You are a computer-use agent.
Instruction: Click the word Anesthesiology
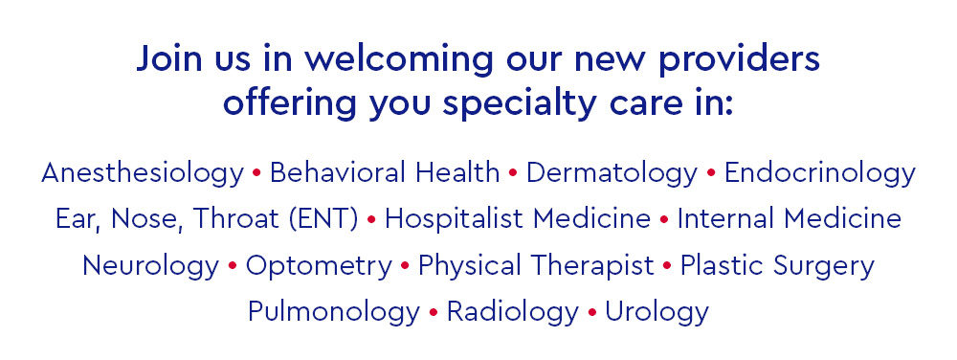(143, 174)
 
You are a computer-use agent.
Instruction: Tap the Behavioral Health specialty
(385, 173)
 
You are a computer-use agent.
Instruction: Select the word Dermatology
(612, 174)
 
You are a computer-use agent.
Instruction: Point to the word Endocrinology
(820, 174)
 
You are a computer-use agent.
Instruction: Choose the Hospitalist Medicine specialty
(518, 219)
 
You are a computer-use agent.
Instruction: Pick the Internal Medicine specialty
(790, 219)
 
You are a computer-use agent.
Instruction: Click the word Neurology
(150, 266)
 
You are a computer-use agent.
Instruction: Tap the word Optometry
(319, 266)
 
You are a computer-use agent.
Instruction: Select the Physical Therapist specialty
(536, 266)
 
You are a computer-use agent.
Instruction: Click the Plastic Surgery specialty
(777, 266)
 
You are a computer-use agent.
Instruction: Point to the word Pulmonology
(333, 312)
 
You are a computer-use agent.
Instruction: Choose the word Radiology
(512, 312)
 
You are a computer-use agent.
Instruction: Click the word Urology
(657, 312)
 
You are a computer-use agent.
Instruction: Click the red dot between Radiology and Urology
(592, 312)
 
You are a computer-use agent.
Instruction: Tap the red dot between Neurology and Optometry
(233, 266)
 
